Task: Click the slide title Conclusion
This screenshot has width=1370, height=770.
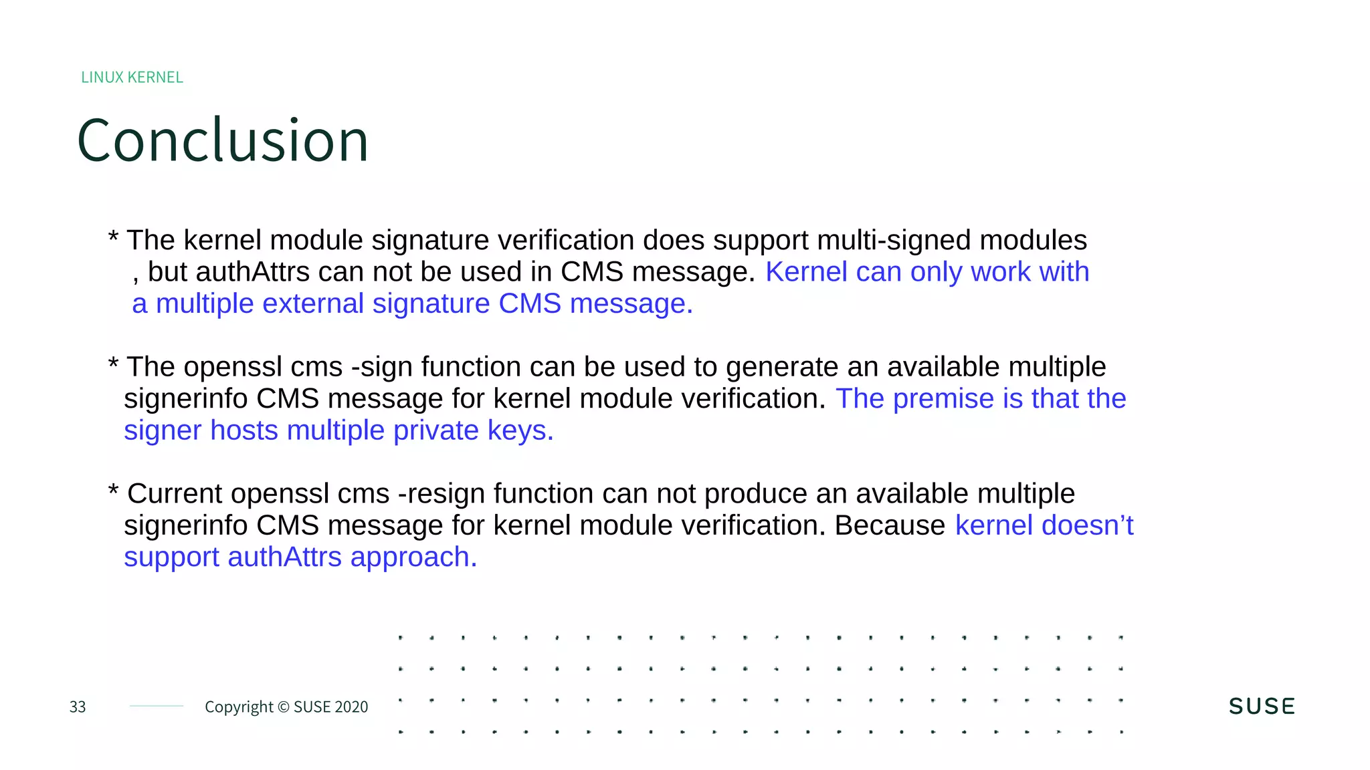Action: [x=223, y=140]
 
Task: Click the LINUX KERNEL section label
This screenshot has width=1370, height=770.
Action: [x=132, y=78]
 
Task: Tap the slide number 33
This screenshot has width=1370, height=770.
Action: [x=78, y=707]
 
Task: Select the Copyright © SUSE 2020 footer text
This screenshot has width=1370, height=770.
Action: [x=286, y=707]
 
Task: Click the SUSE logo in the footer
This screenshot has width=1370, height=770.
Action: [x=1262, y=707]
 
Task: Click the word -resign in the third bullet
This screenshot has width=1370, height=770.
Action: [x=442, y=494]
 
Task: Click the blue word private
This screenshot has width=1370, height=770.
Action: [x=435, y=430]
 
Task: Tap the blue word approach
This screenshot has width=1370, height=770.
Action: [x=413, y=557]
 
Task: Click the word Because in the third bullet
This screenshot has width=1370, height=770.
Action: [x=890, y=525]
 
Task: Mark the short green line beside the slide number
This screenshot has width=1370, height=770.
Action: [x=157, y=706]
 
